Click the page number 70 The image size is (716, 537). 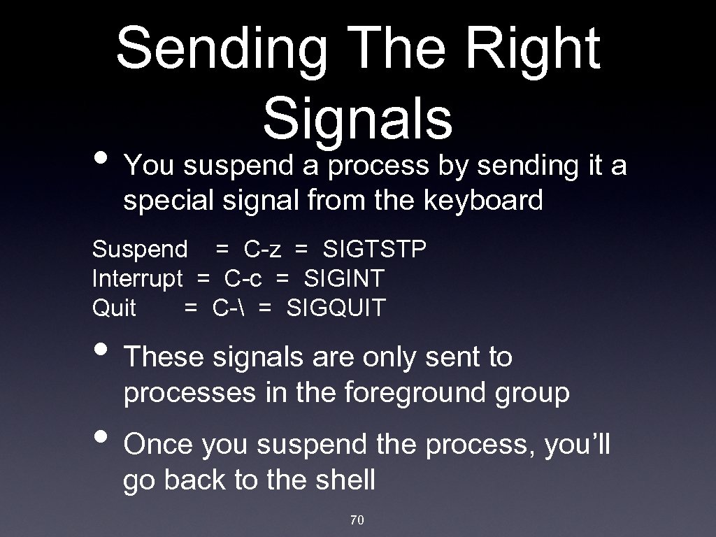357,520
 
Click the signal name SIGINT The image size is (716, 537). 343,278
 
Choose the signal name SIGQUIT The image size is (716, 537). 336,308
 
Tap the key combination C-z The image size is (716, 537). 263,249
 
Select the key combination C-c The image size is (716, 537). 244,278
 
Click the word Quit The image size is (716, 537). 114,308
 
